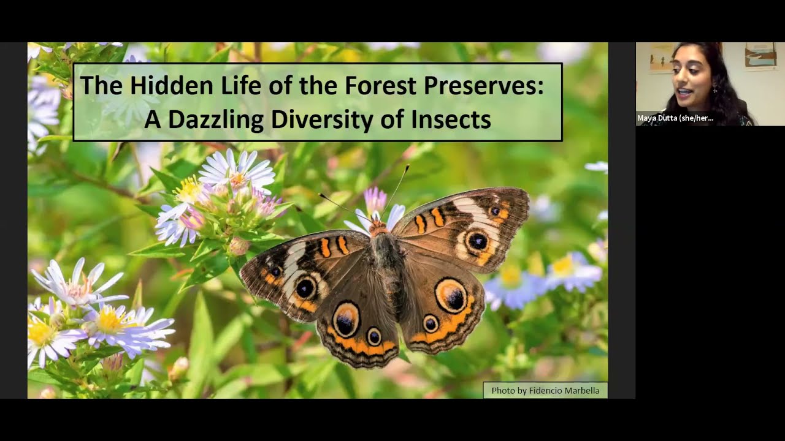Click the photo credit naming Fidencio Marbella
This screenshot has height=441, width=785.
coord(545,390)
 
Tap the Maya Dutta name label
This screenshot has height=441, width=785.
coord(675,118)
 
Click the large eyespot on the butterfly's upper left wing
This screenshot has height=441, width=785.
coord(305,288)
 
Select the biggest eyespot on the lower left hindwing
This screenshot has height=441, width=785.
coord(345,320)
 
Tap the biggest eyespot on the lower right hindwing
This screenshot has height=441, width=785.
coord(452,296)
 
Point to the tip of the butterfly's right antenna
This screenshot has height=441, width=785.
coord(408,166)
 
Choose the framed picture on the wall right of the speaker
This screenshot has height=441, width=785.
coord(760,56)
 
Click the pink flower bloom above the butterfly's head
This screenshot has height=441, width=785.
coord(375,200)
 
